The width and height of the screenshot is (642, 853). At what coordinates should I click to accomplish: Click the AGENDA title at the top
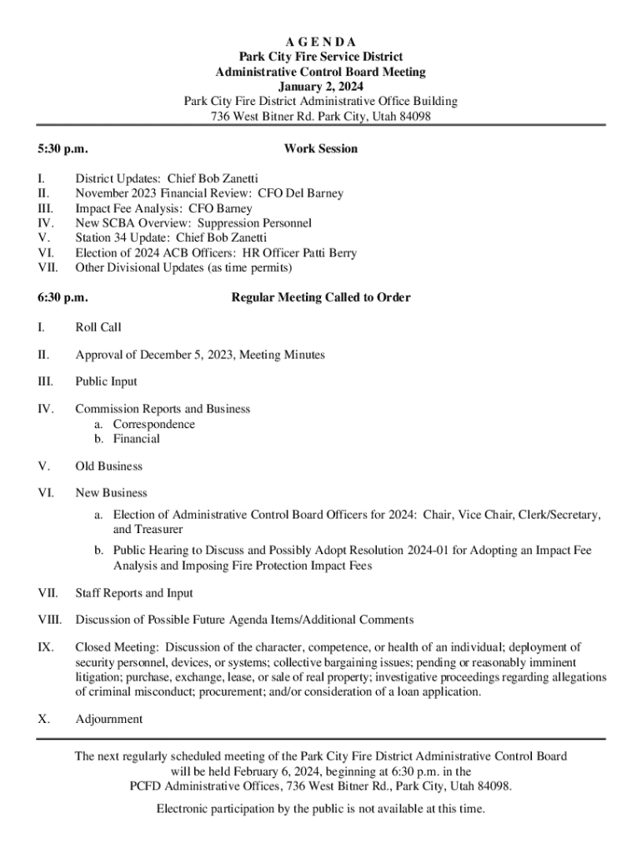pyautogui.click(x=321, y=42)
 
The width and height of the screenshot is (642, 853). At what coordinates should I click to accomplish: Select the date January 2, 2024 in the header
pyautogui.click(x=321, y=87)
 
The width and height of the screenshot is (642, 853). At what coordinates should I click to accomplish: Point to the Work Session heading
pyautogui.click(x=321, y=149)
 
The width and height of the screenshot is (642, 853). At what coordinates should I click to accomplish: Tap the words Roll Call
pyautogui.click(x=98, y=327)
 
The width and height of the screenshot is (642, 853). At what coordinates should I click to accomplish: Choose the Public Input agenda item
pyautogui.click(x=106, y=382)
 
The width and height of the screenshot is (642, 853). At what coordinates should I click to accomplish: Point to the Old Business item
pyautogui.click(x=108, y=466)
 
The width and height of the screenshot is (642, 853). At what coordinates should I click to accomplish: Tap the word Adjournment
pyautogui.click(x=108, y=720)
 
